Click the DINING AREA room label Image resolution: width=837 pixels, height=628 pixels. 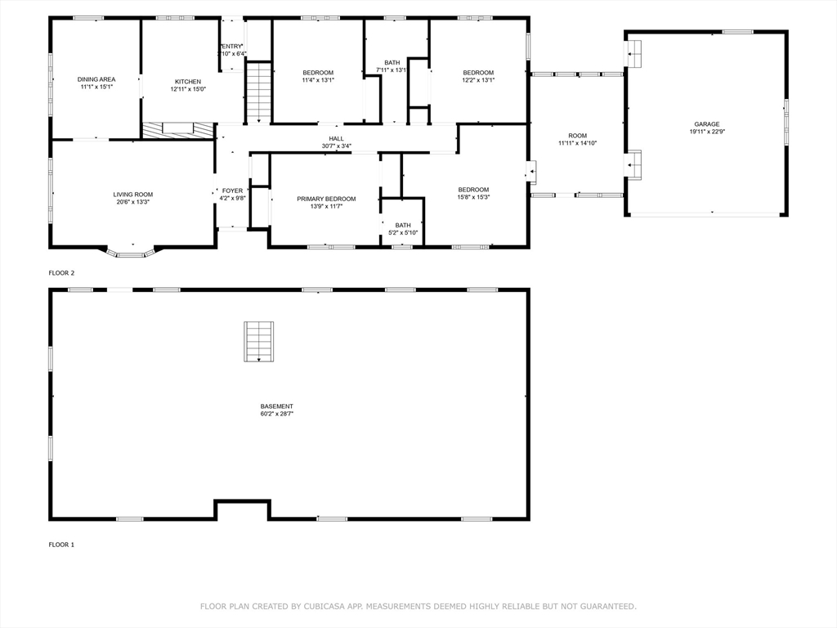96,79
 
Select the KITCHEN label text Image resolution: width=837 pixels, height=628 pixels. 187,82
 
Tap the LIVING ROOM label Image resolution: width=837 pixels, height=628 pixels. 132,195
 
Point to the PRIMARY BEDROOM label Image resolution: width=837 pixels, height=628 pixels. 326,199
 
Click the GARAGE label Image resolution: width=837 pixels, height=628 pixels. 707,124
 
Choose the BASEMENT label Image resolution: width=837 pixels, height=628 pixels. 276,406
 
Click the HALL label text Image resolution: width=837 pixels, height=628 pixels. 336,139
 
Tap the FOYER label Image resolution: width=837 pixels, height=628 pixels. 232,191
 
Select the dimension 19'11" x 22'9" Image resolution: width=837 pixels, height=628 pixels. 707,132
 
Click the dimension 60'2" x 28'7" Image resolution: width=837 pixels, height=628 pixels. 276,415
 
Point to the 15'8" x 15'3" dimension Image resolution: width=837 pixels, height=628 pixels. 473,197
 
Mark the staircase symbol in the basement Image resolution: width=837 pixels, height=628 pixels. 258,342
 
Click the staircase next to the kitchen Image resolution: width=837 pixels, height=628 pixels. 258,92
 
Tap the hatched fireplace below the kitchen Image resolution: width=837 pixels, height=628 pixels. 178,130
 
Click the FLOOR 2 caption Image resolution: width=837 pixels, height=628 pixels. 61,272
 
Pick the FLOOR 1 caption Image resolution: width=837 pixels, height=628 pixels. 61,545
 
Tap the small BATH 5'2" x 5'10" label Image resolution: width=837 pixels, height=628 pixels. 403,229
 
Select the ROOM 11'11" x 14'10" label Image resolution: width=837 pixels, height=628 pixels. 577,139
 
